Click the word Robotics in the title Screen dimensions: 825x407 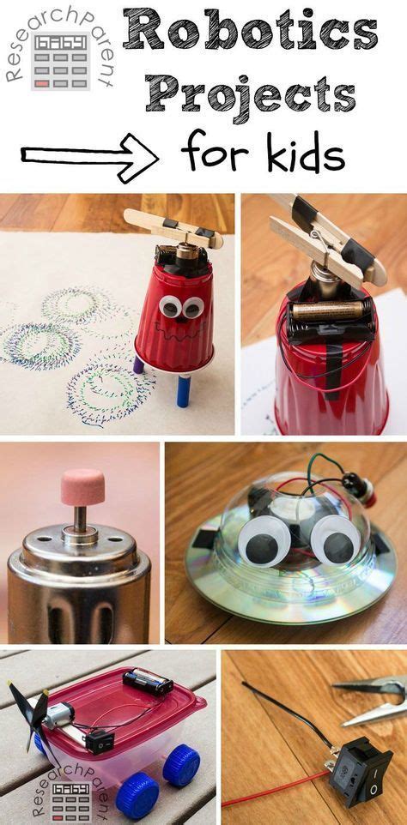click(250, 33)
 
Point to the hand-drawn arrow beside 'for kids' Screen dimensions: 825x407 click(89, 154)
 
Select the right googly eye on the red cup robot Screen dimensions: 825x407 click(193, 306)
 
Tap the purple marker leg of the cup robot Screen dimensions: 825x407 click(138, 364)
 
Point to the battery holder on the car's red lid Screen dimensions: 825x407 click(148, 682)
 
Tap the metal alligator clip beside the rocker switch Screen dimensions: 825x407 click(369, 699)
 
